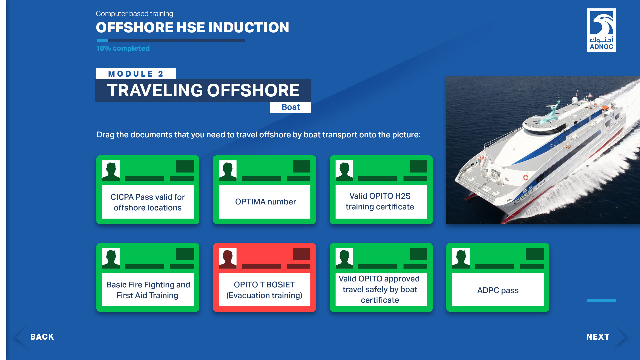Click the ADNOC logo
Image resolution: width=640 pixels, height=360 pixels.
[601, 30]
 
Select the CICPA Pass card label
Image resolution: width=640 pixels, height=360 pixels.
[148, 202]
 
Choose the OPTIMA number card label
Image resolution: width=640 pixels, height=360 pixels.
[265, 202]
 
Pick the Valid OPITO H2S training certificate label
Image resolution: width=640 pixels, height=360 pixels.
[380, 201]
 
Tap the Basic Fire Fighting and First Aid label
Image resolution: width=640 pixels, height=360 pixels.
[148, 290]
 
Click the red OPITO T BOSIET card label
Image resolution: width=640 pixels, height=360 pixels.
[264, 290]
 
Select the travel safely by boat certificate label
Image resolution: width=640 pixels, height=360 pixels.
[380, 289]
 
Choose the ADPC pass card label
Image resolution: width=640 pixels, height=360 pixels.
[498, 290]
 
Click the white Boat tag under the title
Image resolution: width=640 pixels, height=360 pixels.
[291, 107]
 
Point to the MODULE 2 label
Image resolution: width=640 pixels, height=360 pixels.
[136, 74]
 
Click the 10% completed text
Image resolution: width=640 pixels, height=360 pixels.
[123, 48]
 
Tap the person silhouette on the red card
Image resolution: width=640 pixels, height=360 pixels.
[228, 258]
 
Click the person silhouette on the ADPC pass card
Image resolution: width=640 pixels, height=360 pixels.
[461, 258]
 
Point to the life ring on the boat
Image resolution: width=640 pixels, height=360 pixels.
[526, 177]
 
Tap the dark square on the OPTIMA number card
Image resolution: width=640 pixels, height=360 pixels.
[301, 166]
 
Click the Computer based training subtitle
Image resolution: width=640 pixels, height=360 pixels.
[135, 14]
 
